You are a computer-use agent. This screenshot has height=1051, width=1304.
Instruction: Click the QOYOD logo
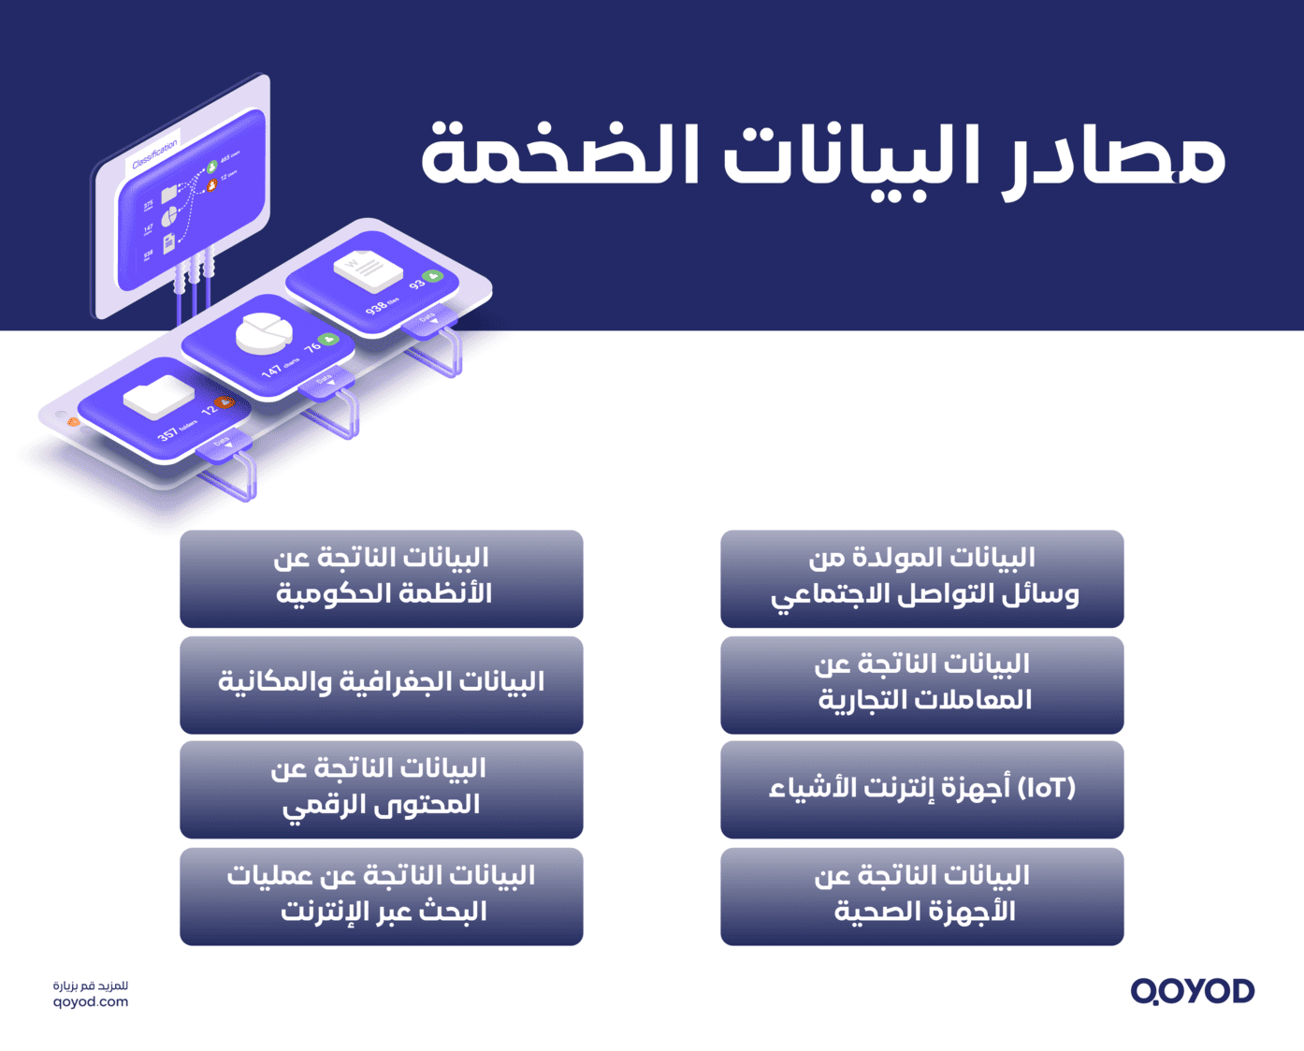(x=1192, y=990)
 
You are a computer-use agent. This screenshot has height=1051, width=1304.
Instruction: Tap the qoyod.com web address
(x=91, y=1002)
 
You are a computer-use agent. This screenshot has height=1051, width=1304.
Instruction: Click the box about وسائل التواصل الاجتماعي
(x=921, y=578)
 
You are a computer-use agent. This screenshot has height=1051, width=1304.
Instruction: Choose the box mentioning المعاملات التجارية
(x=921, y=684)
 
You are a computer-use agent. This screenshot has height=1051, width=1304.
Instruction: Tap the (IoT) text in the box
(x=1047, y=788)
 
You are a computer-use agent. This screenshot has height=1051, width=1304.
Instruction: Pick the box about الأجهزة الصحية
(x=921, y=896)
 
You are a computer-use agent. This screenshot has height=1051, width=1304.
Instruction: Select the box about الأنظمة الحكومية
(x=381, y=578)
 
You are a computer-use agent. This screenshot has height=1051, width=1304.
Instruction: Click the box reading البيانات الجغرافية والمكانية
(x=381, y=684)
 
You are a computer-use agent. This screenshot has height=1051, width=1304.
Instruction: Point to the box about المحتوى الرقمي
(x=381, y=789)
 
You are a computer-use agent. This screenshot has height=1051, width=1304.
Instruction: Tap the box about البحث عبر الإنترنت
(x=381, y=896)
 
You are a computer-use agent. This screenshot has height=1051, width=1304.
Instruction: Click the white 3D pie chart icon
(x=264, y=332)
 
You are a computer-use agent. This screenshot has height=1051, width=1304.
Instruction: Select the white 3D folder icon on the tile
(x=159, y=397)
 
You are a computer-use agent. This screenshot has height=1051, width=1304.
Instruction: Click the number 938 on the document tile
(x=376, y=307)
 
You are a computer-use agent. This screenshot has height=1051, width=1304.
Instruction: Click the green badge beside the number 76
(x=328, y=339)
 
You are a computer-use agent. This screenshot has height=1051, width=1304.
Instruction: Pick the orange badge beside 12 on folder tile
(x=225, y=402)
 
